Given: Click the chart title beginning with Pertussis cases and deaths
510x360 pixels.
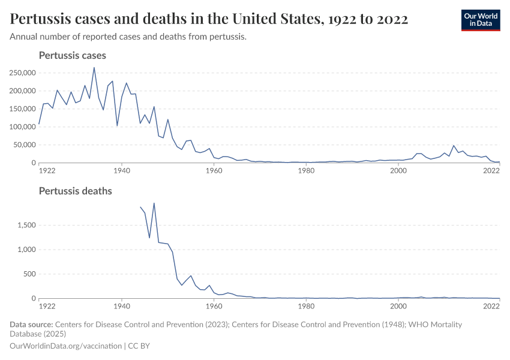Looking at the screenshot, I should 209,19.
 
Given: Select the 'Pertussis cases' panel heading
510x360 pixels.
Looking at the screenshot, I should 72,55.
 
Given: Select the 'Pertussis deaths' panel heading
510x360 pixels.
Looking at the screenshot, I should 75,191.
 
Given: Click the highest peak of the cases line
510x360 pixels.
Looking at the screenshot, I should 94,67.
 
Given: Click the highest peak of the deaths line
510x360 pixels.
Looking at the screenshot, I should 154,203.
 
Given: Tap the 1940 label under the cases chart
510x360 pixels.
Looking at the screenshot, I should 121,170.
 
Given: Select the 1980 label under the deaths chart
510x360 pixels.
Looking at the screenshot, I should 306,306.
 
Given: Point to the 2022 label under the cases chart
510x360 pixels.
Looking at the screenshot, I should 492,170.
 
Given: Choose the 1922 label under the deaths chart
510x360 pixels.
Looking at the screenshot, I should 47,306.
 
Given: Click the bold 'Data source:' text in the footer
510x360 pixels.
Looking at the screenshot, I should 32,324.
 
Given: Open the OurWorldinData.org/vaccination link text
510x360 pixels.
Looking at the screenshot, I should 65,346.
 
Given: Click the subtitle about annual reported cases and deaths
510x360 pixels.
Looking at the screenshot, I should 128,37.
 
